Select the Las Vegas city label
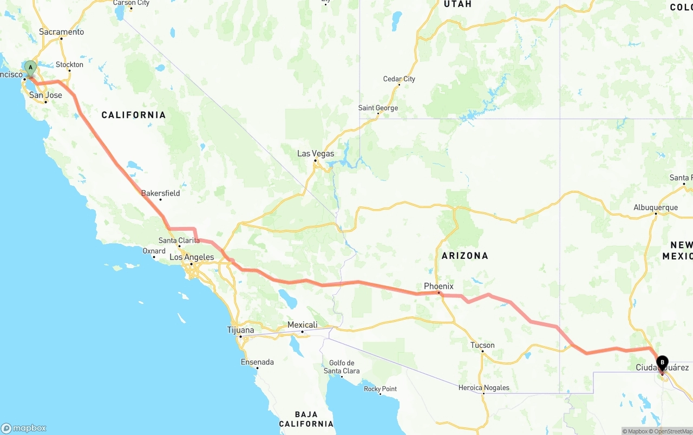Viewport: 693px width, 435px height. point(316,154)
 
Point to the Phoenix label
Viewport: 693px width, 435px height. point(439,286)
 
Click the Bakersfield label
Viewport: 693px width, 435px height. point(160,193)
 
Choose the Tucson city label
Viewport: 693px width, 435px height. point(482,345)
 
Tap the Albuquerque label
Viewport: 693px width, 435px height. point(656,207)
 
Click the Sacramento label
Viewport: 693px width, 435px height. point(61,32)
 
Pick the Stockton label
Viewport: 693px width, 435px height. point(69,64)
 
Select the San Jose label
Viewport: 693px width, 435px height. point(45,95)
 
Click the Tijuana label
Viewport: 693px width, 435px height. point(240,330)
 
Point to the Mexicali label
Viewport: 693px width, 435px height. point(302,325)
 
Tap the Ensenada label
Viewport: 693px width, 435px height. point(257,362)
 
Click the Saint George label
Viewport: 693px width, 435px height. point(378,108)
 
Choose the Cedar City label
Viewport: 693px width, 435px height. point(399,79)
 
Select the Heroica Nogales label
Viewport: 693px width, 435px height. point(483,387)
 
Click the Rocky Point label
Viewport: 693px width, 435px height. point(380,389)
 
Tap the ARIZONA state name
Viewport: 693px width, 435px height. point(465,256)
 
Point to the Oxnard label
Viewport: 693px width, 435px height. point(154,251)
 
